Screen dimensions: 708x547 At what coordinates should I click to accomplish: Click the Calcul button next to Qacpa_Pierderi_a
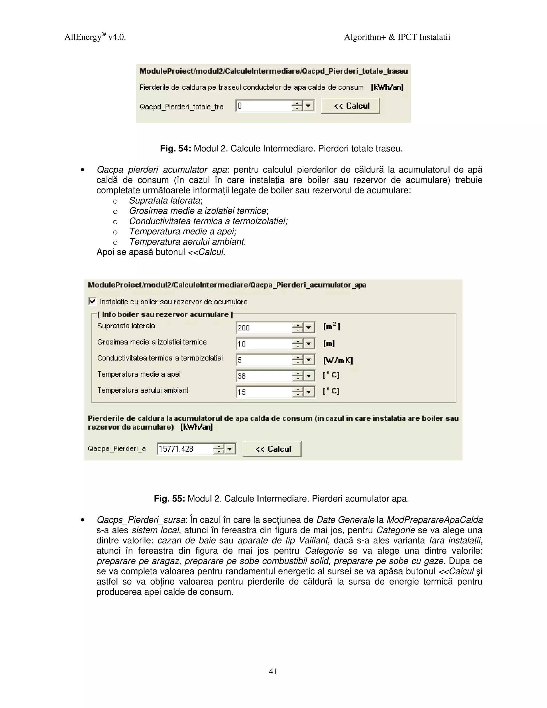click(272, 449)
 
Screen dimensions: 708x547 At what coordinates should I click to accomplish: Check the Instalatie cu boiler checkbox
click(92, 301)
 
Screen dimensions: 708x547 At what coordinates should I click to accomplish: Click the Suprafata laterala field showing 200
click(263, 328)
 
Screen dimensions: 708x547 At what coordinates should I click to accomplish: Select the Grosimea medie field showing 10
click(263, 344)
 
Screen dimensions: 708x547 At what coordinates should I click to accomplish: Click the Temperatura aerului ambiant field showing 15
click(263, 392)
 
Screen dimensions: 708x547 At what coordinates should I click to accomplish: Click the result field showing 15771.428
click(184, 449)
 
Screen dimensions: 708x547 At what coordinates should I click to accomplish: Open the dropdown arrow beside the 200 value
click(309, 328)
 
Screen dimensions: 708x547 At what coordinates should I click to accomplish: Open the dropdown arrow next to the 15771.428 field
click(230, 449)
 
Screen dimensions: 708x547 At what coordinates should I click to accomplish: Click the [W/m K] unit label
click(338, 360)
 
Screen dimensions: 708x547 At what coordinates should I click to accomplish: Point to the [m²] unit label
click(331, 326)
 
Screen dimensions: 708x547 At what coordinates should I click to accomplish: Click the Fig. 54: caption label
click(175, 149)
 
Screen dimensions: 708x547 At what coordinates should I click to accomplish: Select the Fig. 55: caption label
click(169, 499)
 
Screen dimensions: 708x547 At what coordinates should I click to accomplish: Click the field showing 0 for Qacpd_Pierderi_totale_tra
click(263, 106)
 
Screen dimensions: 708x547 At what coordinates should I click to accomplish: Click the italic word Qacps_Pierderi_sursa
click(141, 520)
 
